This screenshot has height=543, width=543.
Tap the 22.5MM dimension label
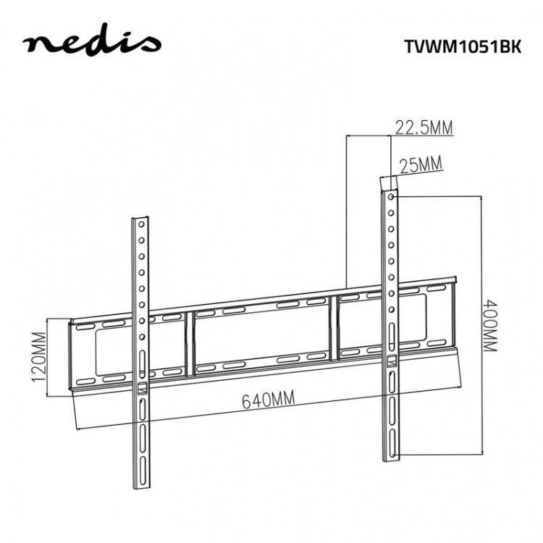click(x=424, y=128)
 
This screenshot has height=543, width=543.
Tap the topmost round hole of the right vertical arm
click(x=392, y=197)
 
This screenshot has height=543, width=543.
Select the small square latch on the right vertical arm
click(x=392, y=360)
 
